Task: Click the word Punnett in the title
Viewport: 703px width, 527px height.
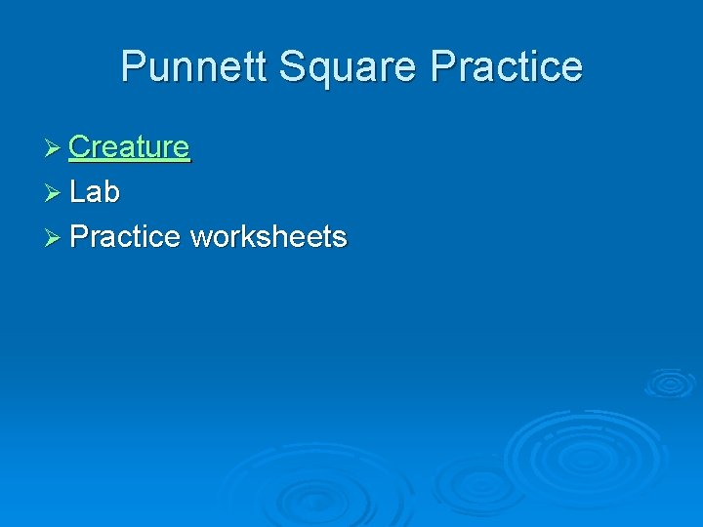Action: [x=194, y=66]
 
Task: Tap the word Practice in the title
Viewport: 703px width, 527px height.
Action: [x=507, y=66]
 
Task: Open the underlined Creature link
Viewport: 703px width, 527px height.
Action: [x=129, y=146]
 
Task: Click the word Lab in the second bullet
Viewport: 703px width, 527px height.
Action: [x=95, y=192]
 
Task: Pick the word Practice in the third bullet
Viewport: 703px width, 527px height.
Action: [x=125, y=237]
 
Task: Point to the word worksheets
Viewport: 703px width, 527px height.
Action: [x=269, y=237]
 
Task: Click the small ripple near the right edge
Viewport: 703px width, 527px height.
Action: [x=670, y=383]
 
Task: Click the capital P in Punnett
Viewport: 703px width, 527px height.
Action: [x=134, y=66]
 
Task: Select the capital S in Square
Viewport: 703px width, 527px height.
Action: [x=293, y=66]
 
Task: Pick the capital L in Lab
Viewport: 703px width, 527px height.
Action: [x=77, y=192]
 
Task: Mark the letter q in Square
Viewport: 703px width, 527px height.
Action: [x=321, y=71]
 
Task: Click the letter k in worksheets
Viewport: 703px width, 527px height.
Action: [x=250, y=237]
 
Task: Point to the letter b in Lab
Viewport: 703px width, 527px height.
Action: [x=111, y=192]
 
